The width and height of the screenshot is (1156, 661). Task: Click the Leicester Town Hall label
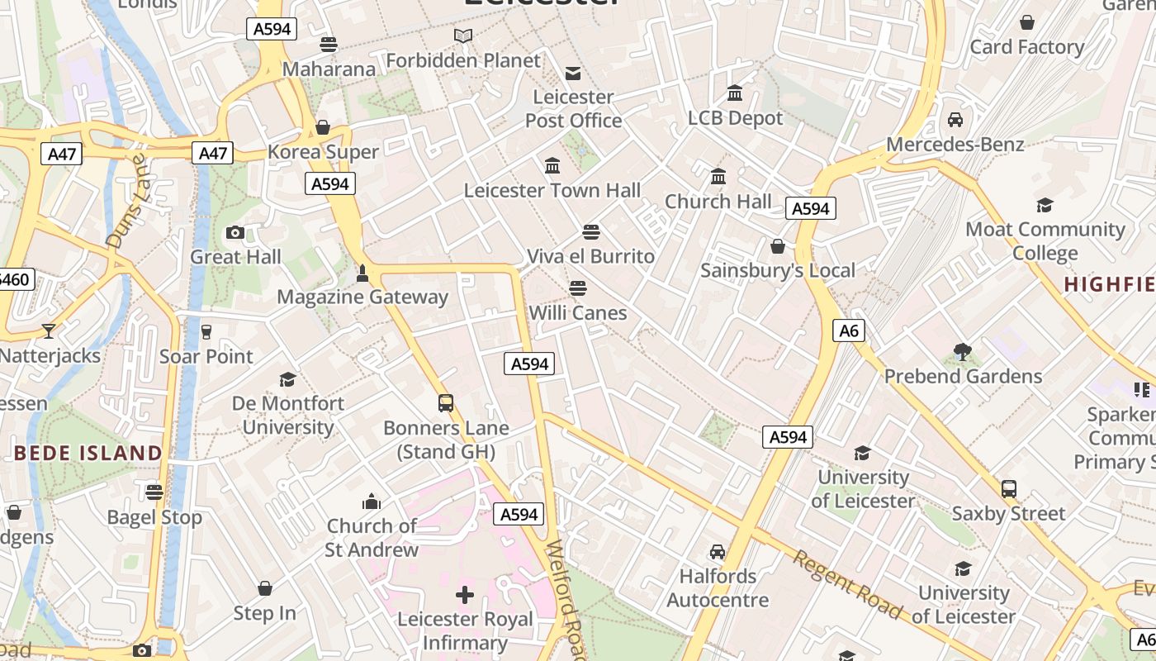(x=552, y=191)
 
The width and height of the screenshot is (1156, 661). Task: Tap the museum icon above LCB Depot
(x=735, y=93)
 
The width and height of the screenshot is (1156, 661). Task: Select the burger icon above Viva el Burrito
(x=590, y=231)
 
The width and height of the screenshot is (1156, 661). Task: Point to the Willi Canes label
(x=578, y=313)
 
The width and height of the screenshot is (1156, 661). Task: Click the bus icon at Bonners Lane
(x=446, y=403)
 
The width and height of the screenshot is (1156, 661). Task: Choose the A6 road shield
(x=849, y=331)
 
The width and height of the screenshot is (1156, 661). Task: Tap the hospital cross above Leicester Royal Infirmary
(x=465, y=594)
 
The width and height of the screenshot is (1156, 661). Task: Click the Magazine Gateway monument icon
(x=362, y=273)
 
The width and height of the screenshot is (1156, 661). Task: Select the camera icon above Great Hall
(x=235, y=233)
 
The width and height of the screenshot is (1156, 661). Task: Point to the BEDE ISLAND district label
(x=88, y=453)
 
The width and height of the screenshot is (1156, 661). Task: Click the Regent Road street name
(x=847, y=584)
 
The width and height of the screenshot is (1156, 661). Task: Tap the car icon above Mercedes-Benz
(x=955, y=120)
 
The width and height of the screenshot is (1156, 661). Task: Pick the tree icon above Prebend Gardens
(x=963, y=352)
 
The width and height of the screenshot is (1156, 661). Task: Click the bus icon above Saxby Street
(x=1009, y=488)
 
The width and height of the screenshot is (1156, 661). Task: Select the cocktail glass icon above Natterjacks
(x=49, y=331)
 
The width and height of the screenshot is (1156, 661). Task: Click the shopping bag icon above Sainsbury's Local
(x=777, y=246)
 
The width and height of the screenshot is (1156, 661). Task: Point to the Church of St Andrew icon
(x=372, y=502)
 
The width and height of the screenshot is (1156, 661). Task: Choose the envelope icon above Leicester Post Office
(x=573, y=73)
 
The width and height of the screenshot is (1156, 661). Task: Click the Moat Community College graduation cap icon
(x=1045, y=205)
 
